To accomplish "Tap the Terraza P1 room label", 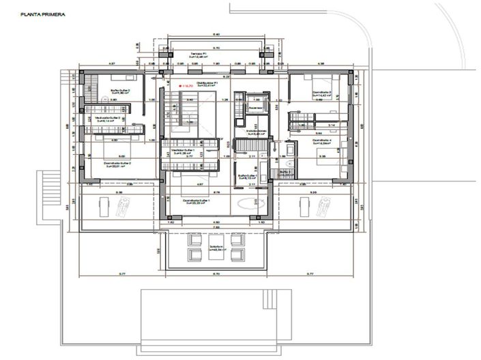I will coord(199,54).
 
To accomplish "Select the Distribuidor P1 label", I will coord(206,83).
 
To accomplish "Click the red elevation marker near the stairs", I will coord(185,87).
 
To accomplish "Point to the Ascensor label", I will coord(256,108).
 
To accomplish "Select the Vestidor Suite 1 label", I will coord(184,151).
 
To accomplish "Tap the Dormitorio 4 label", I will coord(321,142).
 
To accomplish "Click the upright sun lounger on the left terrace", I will coord(104,203).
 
